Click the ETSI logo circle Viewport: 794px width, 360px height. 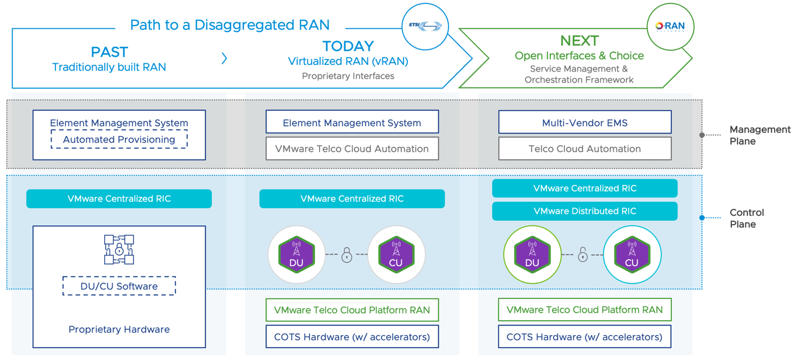424,26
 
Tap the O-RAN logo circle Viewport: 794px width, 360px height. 670,27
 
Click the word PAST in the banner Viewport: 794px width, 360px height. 109,52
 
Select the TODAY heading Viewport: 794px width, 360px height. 348,46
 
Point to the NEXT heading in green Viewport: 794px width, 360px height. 579,41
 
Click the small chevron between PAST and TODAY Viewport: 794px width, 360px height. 224,58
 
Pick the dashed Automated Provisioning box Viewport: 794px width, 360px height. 119,140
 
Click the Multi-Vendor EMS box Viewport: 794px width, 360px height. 584,123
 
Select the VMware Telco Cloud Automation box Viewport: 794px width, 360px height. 352,149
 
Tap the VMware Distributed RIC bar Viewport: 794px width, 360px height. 584,211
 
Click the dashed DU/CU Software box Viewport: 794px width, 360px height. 119,286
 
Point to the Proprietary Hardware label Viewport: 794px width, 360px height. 119,329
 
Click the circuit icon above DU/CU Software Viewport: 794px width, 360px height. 119,250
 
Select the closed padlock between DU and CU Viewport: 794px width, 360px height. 347,255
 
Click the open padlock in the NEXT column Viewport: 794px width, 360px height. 582,255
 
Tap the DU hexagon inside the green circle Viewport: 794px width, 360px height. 532,255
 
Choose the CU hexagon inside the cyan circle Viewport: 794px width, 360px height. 631,255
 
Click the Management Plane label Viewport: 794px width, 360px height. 760,135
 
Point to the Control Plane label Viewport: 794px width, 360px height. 746,218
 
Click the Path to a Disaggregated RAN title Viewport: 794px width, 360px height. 230,25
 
